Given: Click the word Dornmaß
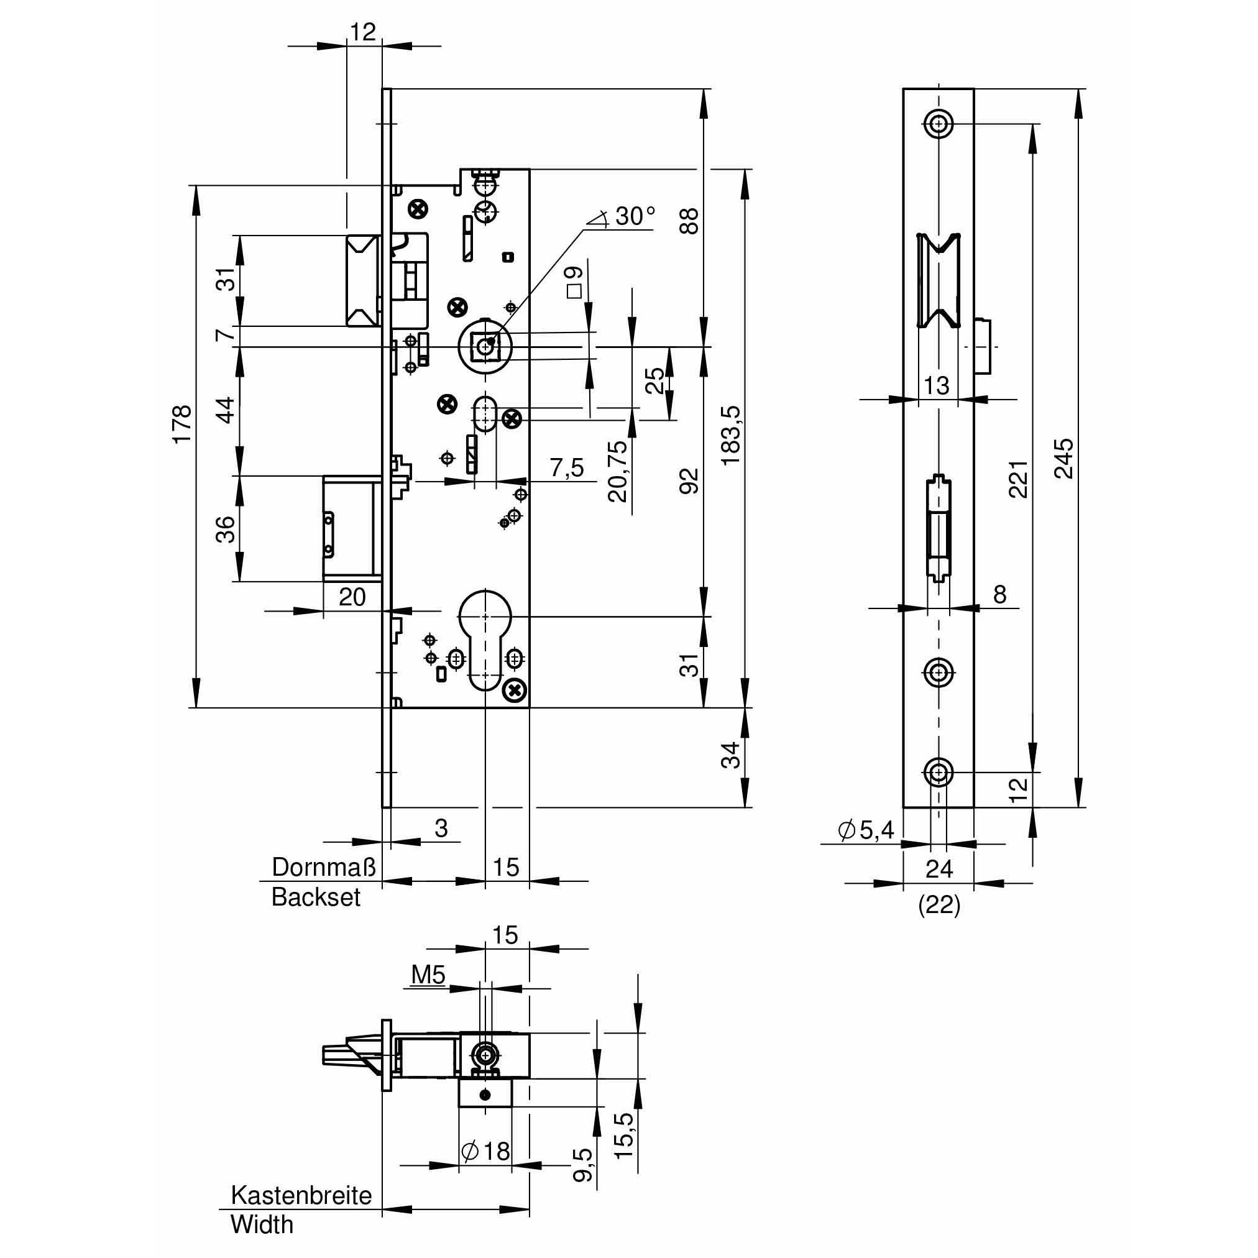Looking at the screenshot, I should click(x=324, y=866).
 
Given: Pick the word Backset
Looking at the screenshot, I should click(x=316, y=898).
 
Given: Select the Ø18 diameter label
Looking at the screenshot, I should click(x=486, y=1152).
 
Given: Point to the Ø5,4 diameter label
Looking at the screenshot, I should click(x=866, y=830).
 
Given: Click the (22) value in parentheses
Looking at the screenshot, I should click(x=939, y=905).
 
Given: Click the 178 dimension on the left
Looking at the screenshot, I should click(x=181, y=424).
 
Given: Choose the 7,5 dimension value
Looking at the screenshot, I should click(x=566, y=467).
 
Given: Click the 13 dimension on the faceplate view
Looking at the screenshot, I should click(x=936, y=385).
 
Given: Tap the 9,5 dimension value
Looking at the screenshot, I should click(x=584, y=1165).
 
